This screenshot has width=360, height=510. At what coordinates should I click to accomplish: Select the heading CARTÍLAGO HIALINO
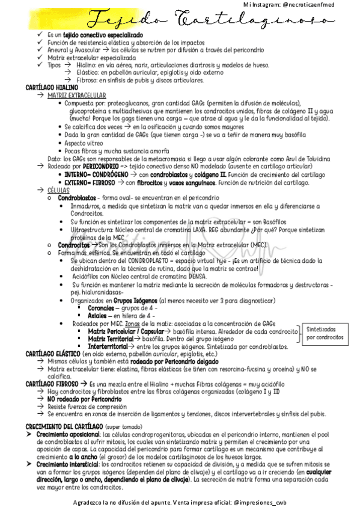[52, 88]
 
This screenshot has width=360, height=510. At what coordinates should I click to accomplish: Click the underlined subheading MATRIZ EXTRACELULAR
[76, 96]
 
